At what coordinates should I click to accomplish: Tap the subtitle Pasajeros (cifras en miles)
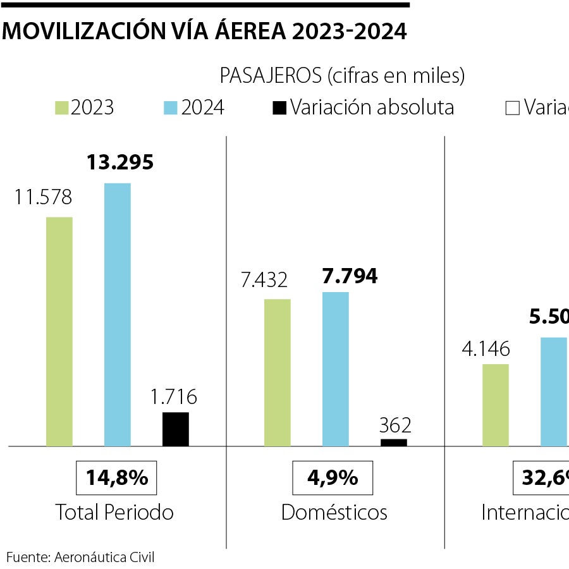pyautogui.click(x=342, y=75)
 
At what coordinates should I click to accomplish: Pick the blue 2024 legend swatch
pyautogui.click(x=171, y=107)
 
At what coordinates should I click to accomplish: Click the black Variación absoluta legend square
pyautogui.click(x=279, y=107)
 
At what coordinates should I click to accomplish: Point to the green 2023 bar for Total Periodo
pyautogui.click(x=59, y=331)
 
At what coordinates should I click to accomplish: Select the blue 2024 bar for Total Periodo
pyautogui.click(x=117, y=314)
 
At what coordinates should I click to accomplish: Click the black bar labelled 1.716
pyautogui.click(x=175, y=429)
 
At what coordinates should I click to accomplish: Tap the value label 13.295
pyautogui.click(x=120, y=162)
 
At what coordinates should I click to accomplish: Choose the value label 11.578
pyautogui.click(x=44, y=197)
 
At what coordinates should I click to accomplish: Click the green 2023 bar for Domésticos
pyautogui.click(x=278, y=372)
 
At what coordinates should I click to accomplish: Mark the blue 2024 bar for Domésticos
pyautogui.click(x=335, y=369)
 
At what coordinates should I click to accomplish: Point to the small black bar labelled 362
pyautogui.click(x=393, y=443)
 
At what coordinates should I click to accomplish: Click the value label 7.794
pyautogui.click(x=349, y=276)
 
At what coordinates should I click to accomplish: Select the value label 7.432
pyautogui.click(x=264, y=279)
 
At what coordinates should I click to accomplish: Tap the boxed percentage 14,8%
pyautogui.click(x=116, y=478)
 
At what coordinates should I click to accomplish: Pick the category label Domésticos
pyautogui.click(x=334, y=512)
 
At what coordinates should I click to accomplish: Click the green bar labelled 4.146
pyautogui.click(x=495, y=405)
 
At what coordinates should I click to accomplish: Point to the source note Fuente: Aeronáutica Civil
pyautogui.click(x=81, y=557)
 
